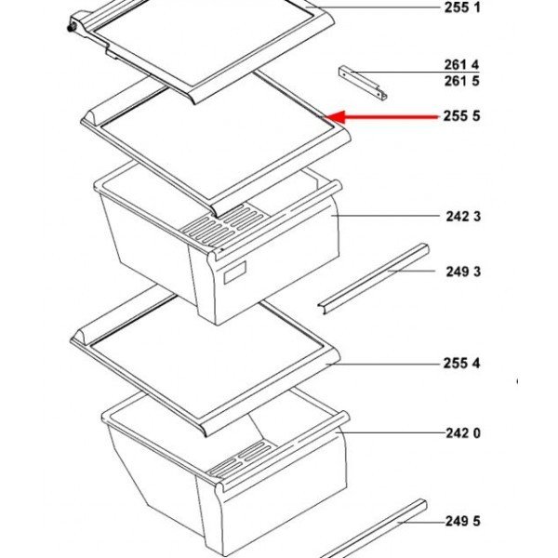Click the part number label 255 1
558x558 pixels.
tap(462, 7)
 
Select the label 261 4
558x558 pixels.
tap(461, 65)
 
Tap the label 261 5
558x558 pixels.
tap(462, 81)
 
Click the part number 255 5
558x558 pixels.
tap(461, 115)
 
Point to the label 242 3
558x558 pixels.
tap(463, 216)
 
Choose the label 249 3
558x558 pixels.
tap(463, 272)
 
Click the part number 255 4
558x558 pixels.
tap(461, 364)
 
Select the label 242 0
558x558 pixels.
tap(463, 433)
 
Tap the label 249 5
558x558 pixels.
tap(462, 522)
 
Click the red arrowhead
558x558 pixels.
tap(335, 117)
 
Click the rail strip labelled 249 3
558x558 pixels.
tap(373, 278)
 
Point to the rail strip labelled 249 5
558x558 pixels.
tap(374, 528)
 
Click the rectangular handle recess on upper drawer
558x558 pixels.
tap(234, 272)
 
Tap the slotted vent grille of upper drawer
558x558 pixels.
tap(223, 225)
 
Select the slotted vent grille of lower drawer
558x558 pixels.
tap(241, 459)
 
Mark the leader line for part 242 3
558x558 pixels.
tap(385, 216)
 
